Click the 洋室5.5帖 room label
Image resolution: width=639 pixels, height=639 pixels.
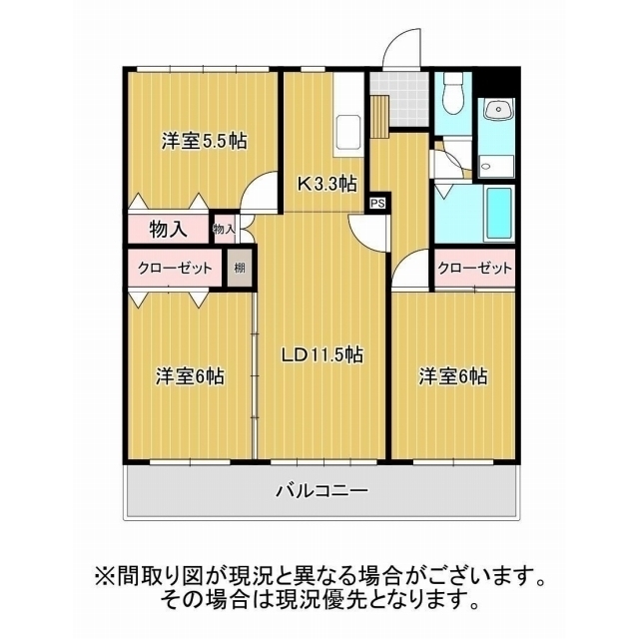[204, 142]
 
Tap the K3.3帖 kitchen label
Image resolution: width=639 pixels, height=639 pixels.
[325, 183]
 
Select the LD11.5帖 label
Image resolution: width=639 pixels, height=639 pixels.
[320, 354]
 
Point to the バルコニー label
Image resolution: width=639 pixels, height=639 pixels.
[322, 491]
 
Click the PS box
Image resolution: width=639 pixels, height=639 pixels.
[376, 203]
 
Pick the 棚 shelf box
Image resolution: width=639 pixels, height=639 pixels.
[240, 268]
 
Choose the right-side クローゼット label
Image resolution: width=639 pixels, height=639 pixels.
[475, 268]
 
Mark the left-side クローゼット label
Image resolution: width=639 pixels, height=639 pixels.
[176, 268]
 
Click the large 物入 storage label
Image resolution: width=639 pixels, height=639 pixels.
[168, 229]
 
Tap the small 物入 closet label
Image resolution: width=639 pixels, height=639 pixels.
[225, 230]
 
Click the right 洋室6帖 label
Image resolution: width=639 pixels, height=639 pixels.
[452, 376]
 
